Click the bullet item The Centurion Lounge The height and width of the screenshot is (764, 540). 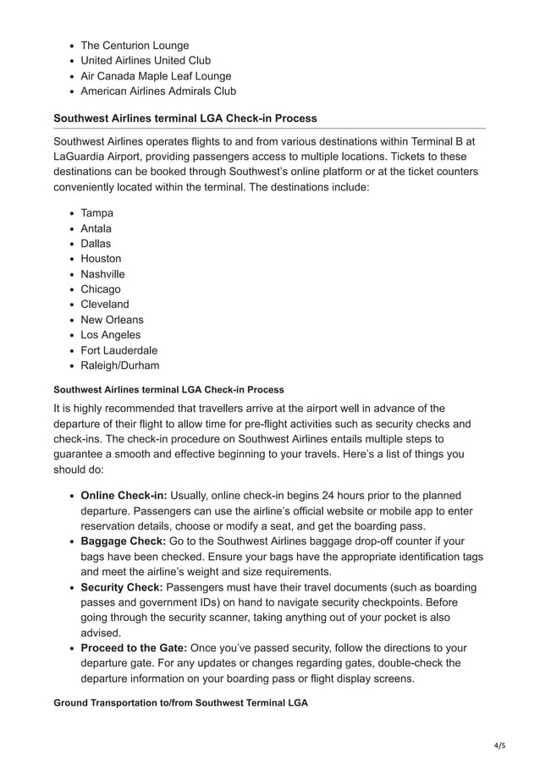point(135,46)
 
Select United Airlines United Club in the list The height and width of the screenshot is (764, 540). point(146,61)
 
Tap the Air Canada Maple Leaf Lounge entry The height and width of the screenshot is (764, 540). point(156,76)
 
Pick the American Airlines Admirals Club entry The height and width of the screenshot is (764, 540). point(158,91)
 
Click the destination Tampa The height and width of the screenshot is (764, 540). point(97,213)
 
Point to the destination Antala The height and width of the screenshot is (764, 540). point(96,228)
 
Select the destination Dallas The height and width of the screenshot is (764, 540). point(96,244)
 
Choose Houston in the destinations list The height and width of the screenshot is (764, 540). point(101,259)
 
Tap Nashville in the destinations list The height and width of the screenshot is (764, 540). point(102,274)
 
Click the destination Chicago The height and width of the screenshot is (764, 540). point(101,289)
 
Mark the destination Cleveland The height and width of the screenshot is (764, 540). point(105,305)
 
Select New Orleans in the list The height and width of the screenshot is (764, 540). point(112,320)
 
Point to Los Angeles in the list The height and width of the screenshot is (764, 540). point(111,335)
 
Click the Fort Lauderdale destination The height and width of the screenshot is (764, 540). point(119,350)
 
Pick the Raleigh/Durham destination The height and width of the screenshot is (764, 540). point(120,366)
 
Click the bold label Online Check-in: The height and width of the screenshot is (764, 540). point(124,495)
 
